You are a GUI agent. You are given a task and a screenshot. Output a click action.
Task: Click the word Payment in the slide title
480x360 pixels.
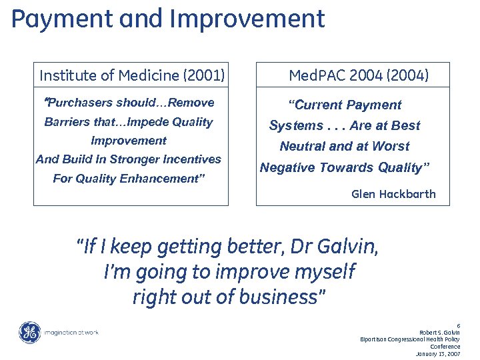point(55,19)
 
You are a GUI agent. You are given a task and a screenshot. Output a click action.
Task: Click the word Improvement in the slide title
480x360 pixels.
point(247,19)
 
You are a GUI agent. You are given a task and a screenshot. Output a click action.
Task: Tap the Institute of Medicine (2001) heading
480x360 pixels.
point(132,75)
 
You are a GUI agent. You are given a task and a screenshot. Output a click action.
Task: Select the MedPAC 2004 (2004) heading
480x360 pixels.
point(359,75)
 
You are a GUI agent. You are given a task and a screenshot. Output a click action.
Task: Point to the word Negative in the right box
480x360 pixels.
point(287,168)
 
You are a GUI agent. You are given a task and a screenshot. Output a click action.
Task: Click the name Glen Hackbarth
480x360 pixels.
point(393,194)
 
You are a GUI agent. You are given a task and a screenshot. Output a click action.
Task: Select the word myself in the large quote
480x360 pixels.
point(323,272)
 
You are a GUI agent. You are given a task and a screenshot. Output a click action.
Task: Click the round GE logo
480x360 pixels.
point(29,332)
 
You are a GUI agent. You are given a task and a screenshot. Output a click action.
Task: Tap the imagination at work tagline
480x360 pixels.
point(71,332)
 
